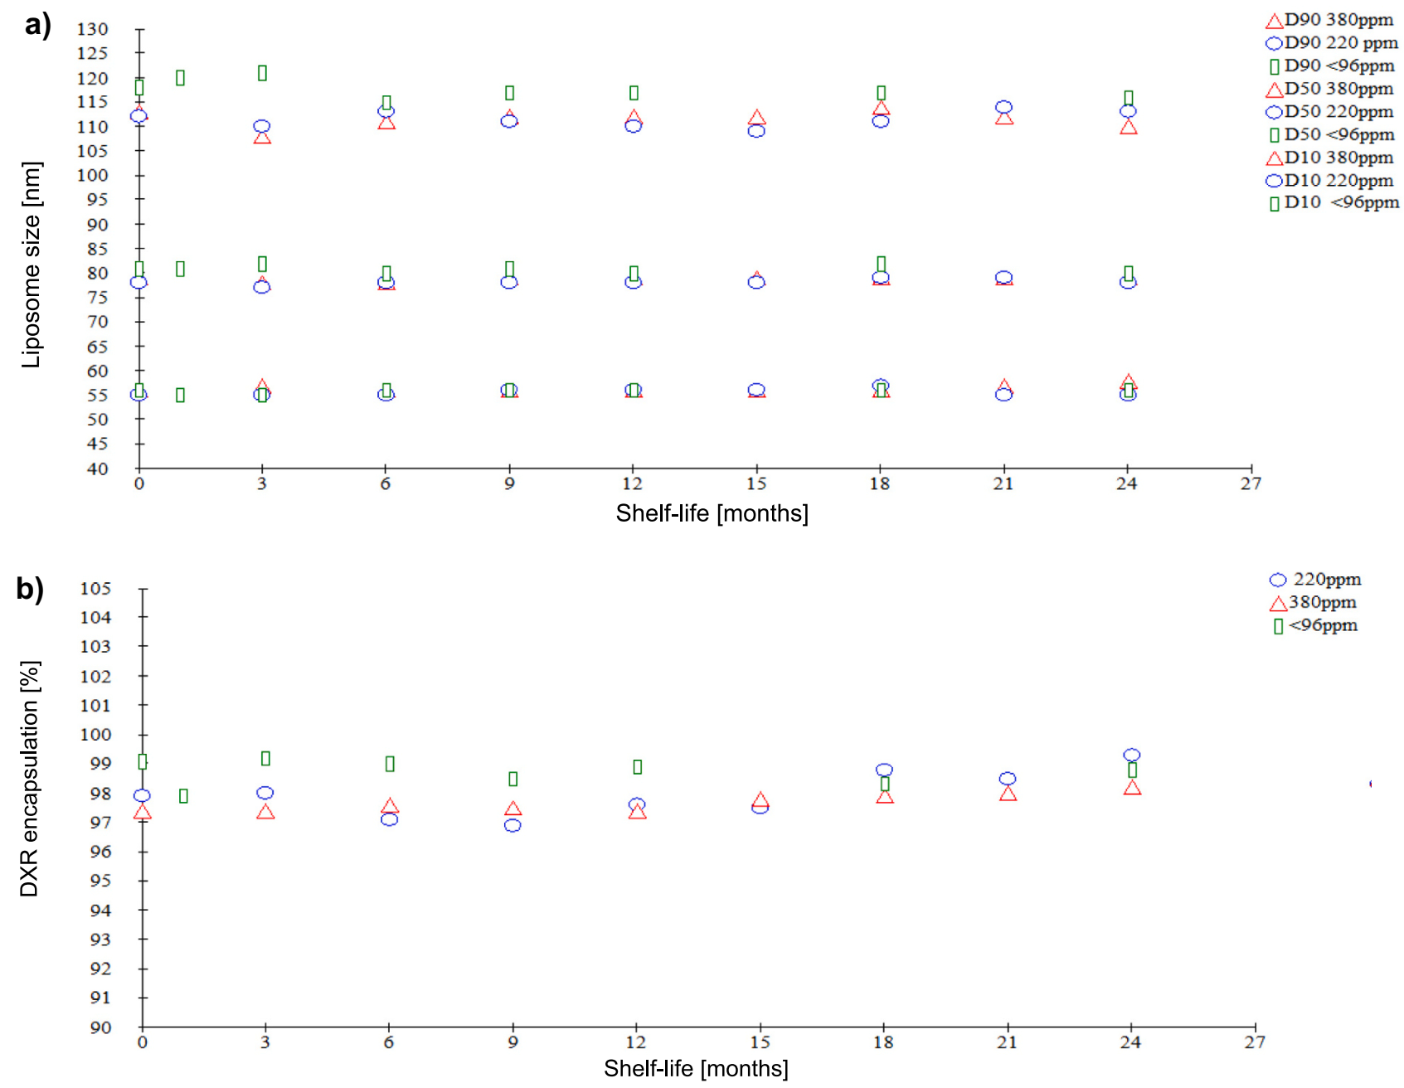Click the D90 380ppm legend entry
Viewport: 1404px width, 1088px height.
(x=1329, y=20)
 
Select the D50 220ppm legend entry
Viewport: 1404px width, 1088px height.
(x=1329, y=111)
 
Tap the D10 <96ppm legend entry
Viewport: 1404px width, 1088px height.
(x=1333, y=202)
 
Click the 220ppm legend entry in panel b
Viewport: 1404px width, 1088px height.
(x=1318, y=580)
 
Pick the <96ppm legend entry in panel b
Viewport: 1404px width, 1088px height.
(x=1316, y=625)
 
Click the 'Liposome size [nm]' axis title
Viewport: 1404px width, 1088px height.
(x=31, y=265)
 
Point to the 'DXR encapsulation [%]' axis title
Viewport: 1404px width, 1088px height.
(x=29, y=779)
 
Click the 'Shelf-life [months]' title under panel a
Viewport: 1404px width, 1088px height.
(x=712, y=513)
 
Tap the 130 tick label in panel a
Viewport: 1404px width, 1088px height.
(x=93, y=29)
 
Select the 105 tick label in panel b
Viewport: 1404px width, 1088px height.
(x=95, y=589)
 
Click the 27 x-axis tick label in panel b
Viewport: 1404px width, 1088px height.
(x=1254, y=1042)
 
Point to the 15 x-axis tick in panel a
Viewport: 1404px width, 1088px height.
(x=755, y=483)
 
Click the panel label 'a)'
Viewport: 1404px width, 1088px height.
(x=37, y=25)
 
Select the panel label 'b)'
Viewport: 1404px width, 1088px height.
(x=30, y=589)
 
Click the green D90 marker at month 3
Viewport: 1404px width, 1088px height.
(x=262, y=73)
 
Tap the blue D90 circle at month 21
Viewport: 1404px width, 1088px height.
(x=1003, y=107)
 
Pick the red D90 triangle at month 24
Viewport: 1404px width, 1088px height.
(x=1128, y=128)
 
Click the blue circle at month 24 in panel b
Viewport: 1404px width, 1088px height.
(x=1131, y=755)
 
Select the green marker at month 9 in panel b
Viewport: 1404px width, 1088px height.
(x=513, y=779)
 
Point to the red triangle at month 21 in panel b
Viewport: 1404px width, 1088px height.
(x=1008, y=794)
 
